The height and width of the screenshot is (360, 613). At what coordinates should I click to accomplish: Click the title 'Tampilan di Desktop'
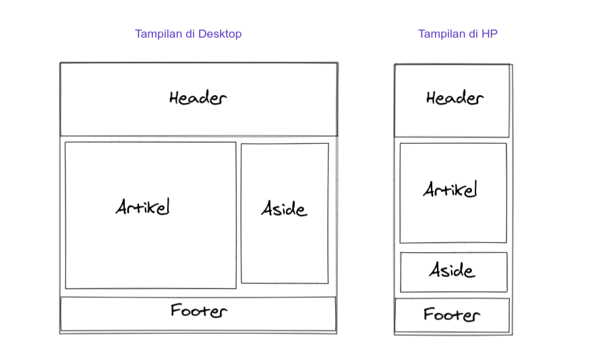point(188,34)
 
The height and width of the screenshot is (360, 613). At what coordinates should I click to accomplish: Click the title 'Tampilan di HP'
point(458,34)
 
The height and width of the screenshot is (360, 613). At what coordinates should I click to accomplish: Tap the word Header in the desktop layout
point(198,98)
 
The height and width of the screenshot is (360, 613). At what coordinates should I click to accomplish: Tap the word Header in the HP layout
point(455,98)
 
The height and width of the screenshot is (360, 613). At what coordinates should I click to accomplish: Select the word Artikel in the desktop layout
point(142,206)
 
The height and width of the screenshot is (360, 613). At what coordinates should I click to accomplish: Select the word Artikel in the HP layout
point(450,189)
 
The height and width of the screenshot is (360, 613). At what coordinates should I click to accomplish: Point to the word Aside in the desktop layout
point(284,209)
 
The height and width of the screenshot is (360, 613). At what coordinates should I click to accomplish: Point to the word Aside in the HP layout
point(452,271)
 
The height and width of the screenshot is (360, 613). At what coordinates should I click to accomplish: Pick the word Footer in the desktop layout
point(198,311)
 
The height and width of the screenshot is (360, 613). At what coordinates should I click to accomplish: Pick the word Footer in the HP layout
point(451,314)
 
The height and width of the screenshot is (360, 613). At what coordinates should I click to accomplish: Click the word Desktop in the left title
point(220,34)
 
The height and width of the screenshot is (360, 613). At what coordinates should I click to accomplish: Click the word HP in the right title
point(490,34)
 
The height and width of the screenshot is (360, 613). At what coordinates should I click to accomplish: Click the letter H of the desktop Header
point(175,98)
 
